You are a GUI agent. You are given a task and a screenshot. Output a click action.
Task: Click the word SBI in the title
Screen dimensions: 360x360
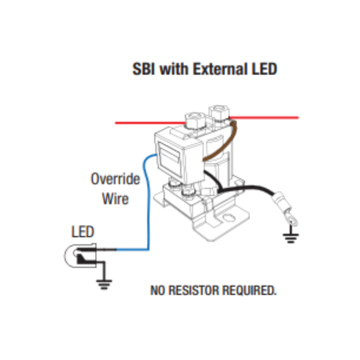pos(144,69)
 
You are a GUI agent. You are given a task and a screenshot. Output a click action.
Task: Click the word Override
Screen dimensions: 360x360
pos(115,179)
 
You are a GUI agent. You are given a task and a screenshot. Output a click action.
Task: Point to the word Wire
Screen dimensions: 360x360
pos(115,199)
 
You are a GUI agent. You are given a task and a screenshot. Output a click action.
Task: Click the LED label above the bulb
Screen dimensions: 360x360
pos(82,232)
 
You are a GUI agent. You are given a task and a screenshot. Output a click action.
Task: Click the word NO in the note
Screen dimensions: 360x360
pos(157,290)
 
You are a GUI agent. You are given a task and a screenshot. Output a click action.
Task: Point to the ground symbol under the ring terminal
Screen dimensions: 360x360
pos(290,238)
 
